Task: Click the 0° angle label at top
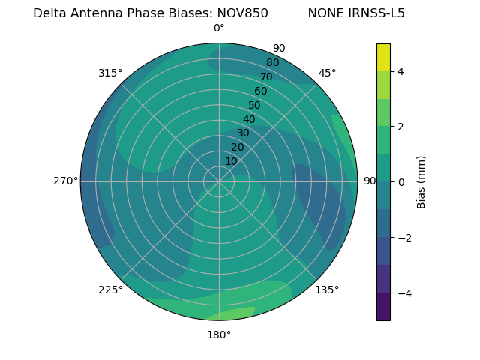219,28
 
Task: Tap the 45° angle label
327,73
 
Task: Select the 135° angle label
327,289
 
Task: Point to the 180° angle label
219,334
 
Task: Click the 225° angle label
110,289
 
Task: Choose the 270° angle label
65,181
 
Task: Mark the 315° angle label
110,73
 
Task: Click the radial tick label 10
231,161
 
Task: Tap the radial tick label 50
254,105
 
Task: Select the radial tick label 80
272,63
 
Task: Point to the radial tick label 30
243,133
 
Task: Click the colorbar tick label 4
400,71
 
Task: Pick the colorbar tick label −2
403,238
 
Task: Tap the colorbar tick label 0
400,182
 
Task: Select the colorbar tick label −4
403,293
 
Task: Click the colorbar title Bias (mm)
421,182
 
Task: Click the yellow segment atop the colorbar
383,58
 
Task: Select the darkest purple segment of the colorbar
383,307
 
